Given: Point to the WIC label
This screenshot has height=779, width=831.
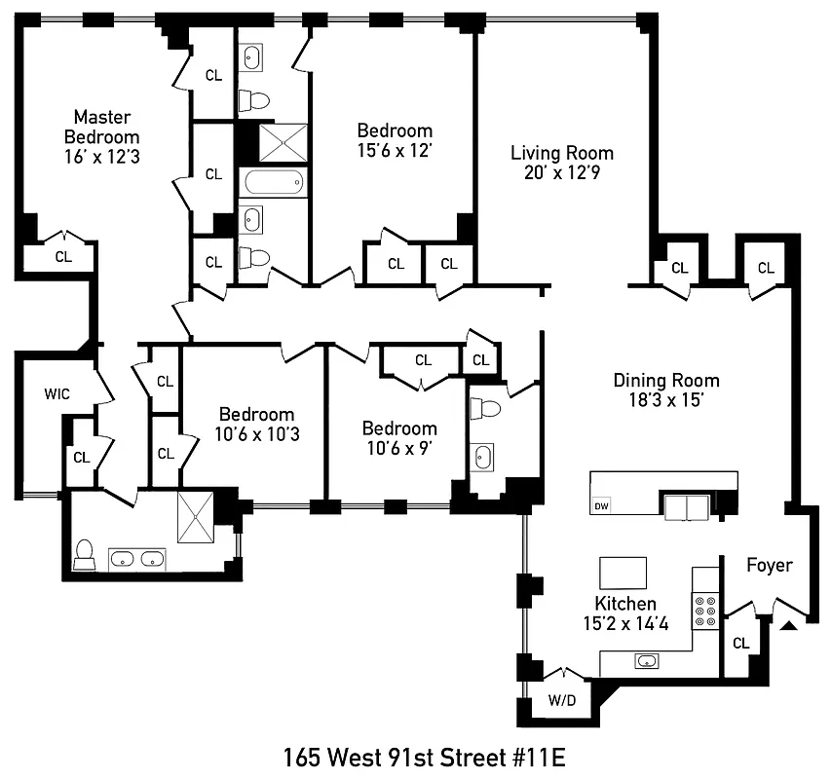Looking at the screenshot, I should pos(57,394).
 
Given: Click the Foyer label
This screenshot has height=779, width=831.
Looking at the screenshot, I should pos(769,565).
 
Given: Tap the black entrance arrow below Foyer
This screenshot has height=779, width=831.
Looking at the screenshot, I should pos(790,624).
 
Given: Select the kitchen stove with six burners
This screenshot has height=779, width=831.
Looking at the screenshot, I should pos(705,612).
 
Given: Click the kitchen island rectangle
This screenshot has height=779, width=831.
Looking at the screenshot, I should pos(623,568).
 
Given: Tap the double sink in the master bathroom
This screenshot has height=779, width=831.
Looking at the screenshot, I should pos(135,559).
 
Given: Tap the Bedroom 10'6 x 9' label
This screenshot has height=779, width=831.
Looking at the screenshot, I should pos(399,438).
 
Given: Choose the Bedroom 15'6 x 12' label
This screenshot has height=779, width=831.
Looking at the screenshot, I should pos(395,140).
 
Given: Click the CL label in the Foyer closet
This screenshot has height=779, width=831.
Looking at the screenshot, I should pos(741,643).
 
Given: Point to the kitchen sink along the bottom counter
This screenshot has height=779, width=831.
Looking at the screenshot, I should pos(646,661).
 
